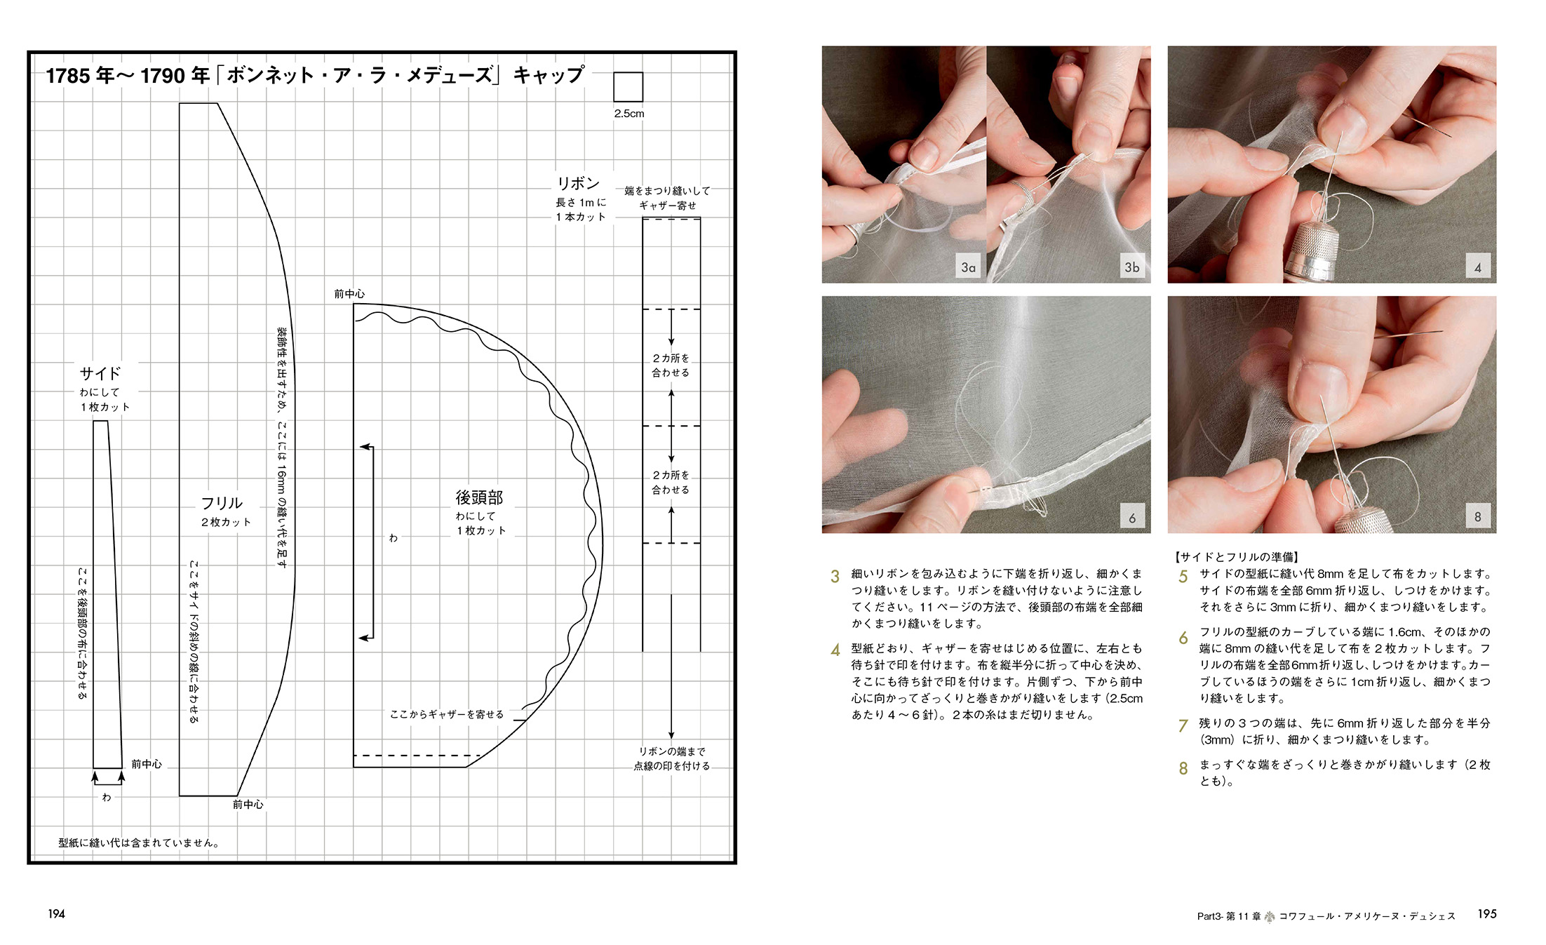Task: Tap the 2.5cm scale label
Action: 629,114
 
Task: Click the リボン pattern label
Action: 578,183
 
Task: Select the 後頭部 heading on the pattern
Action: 479,497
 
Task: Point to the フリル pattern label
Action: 222,503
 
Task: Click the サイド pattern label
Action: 100,373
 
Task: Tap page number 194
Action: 56,913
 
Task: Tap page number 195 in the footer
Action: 1487,913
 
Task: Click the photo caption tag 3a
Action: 968,267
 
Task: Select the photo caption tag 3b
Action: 1131,267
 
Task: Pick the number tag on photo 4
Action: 1477,267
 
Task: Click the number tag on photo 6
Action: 1131,518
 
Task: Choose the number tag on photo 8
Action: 1477,517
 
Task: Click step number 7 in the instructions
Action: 1183,725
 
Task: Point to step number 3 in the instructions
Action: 835,577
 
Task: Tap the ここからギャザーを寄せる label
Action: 447,714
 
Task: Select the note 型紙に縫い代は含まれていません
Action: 139,843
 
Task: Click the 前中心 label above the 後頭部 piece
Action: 349,294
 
